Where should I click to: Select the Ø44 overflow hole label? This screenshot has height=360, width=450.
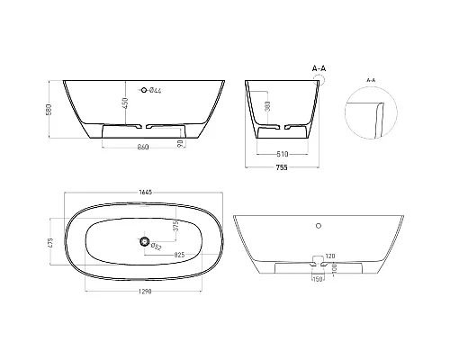tap(155, 90)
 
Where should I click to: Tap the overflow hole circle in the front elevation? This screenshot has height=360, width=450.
tap(141, 90)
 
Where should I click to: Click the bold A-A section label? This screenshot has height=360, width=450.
tap(319, 67)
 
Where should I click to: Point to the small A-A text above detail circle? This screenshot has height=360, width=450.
tap(371, 80)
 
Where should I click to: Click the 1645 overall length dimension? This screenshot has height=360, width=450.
tap(144, 191)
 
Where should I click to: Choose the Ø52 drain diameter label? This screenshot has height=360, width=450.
tap(156, 246)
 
